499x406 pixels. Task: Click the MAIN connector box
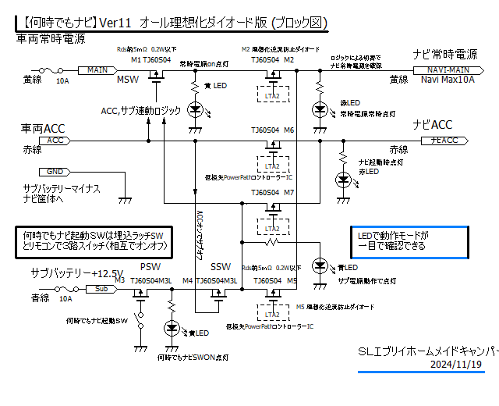(97, 69)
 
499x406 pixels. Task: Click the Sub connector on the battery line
(100, 288)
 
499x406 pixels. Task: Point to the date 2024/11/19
(456, 364)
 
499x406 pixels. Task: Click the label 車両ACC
(44, 128)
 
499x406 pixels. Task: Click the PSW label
(150, 266)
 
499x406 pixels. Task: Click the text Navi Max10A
(448, 80)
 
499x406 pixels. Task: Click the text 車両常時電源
(51, 37)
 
